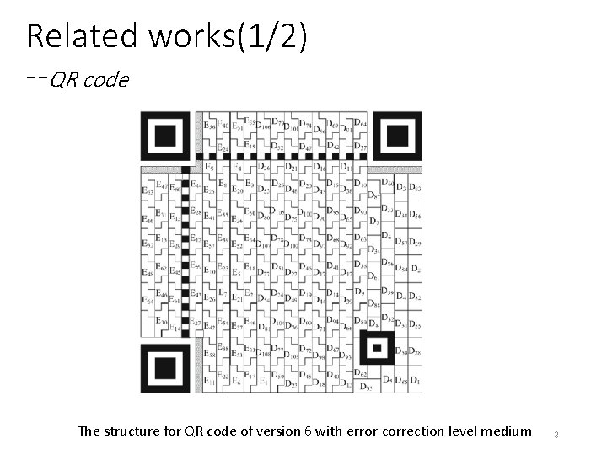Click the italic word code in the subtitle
coord(111,81)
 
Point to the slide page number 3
coord(556,435)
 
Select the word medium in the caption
coord(506,431)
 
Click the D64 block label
coord(360,124)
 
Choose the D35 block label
coord(365,388)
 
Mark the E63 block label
coord(148,192)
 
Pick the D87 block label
coord(374,195)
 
